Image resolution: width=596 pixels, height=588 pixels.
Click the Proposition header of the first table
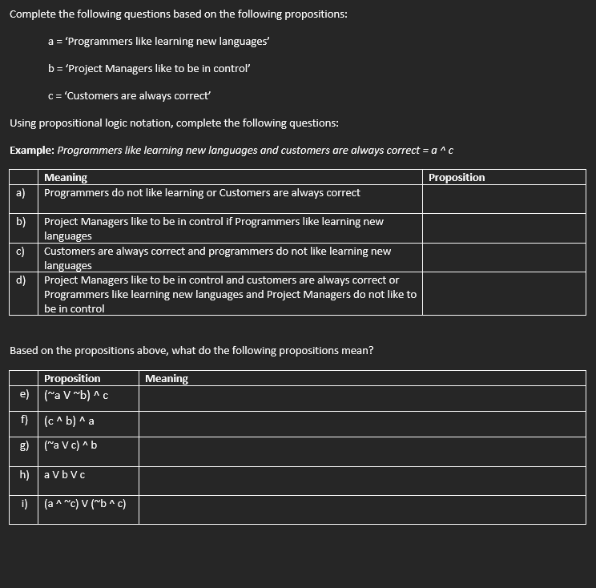tap(457, 178)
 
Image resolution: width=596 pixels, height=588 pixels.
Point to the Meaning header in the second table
tap(167, 379)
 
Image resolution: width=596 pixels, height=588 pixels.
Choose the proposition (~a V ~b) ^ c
tap(76, 394)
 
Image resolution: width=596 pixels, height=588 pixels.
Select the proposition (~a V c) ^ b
tap(70, 445)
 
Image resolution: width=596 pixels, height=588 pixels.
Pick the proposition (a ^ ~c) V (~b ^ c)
tap(85, 504)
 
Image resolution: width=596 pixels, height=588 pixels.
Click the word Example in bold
tap(32, 151)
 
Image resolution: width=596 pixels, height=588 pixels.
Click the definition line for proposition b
tap(150, 69)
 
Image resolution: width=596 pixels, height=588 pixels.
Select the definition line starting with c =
tap(129, 96)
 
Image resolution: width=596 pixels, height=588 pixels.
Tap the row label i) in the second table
tap(25, 504)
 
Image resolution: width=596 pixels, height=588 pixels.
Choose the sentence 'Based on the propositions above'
tap(191, 351)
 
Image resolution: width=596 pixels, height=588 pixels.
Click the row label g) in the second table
tap(24, 445)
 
